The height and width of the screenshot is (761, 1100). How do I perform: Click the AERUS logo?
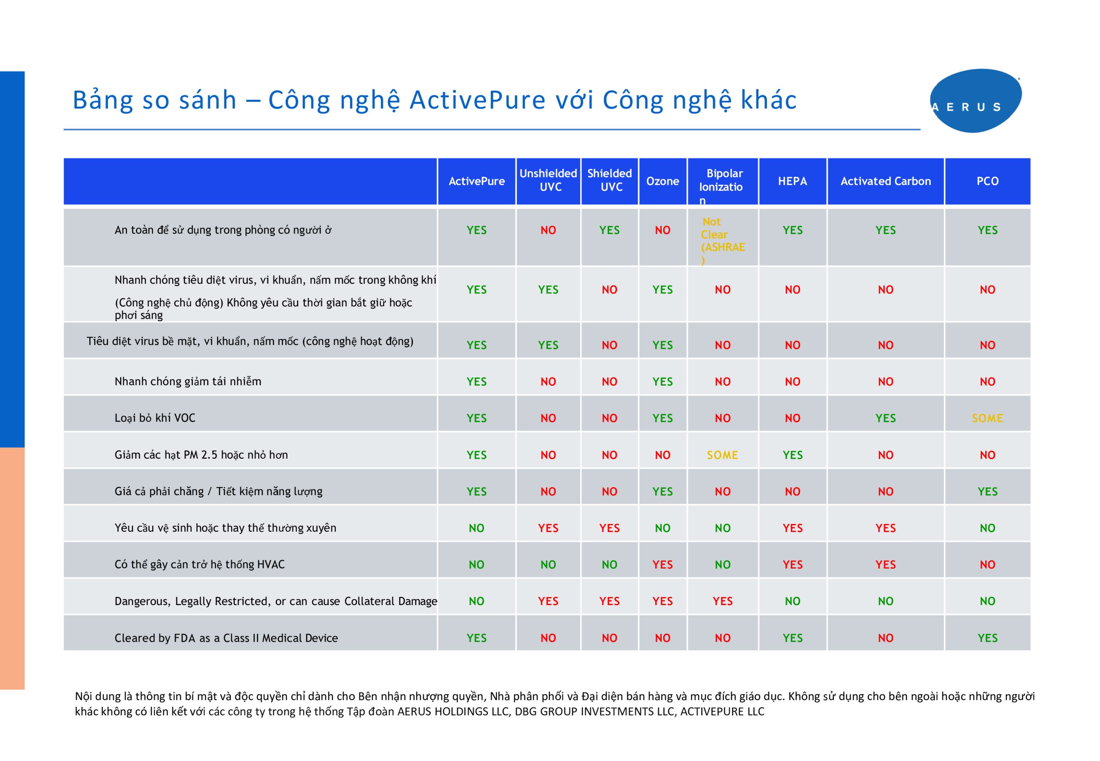(975, 100)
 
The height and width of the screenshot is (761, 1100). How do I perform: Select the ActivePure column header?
(476, 181)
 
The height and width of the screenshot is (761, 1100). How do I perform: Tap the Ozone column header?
(662, 181)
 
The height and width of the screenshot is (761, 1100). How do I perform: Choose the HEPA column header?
(792, 181)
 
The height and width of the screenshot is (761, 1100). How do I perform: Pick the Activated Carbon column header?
(885, 181)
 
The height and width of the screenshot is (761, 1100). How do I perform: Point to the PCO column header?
(987, 181)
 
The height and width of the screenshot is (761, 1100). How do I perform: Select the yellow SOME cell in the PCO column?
(987, 418)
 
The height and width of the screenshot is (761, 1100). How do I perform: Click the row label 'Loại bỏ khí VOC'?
(155, 418)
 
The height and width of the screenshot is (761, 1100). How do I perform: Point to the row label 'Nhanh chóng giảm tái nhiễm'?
(187, 381)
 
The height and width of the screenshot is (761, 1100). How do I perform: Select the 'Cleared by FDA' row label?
(226, 638)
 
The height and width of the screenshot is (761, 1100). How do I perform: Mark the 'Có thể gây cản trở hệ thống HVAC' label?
(199, 565)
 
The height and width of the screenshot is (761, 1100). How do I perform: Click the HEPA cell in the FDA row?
(792, 638)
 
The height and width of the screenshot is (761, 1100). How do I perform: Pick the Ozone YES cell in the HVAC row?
(662, 565)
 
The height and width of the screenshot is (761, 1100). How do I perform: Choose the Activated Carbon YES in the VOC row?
(885, 418)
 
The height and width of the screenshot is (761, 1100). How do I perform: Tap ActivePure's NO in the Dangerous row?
(476, 601)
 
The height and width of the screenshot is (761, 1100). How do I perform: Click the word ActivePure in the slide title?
(477, 100)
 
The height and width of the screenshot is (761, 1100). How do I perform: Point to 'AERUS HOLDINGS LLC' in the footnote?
(453, 712)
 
